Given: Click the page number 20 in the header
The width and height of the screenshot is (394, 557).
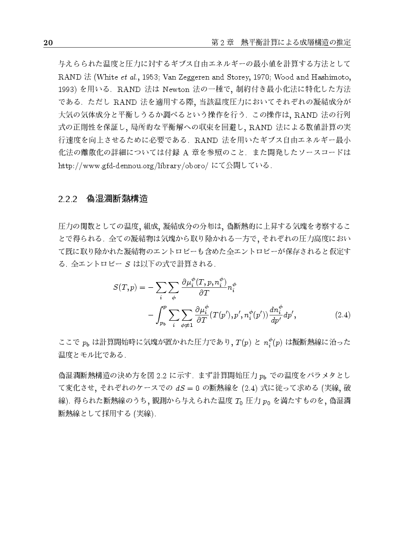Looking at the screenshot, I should point(48,43).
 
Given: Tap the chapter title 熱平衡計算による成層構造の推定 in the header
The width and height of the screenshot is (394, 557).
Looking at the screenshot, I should point(296,43).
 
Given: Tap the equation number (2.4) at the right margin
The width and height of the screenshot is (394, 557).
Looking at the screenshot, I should point(343,314).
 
